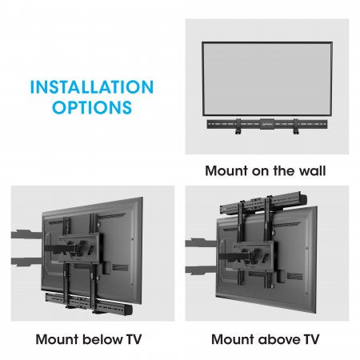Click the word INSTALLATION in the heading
click(x=90, y=86)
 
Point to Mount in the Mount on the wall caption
click(x=226, y=170)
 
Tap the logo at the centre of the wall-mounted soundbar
click(x=264, y=125)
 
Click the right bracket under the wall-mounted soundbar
click(x=296, y=134)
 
